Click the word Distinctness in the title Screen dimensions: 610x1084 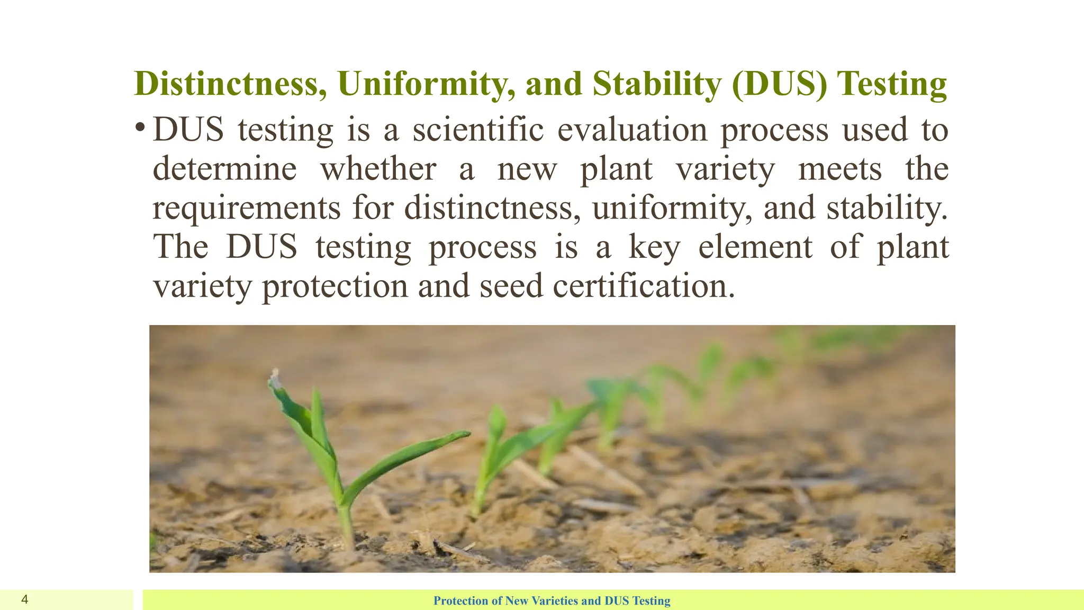tap(230, 84)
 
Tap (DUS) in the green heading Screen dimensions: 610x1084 tap(779, 84)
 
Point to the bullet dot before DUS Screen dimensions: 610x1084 tap(140, 127)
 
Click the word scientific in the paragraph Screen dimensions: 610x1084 tap(478, 129)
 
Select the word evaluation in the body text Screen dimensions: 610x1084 tap(633, 129)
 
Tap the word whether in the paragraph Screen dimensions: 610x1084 tap(378, 169)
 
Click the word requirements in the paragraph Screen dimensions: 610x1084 tap(247, 208)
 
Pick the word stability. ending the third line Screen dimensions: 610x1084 tap(887, 208)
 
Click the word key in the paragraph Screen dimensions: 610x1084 tap(654, 247)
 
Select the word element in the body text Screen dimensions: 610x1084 tap(755, 247)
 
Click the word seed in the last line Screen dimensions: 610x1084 tap(511, 286)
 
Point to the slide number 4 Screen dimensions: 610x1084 tap(24, 600)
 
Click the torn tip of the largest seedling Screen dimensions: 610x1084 tap(274, 377)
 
